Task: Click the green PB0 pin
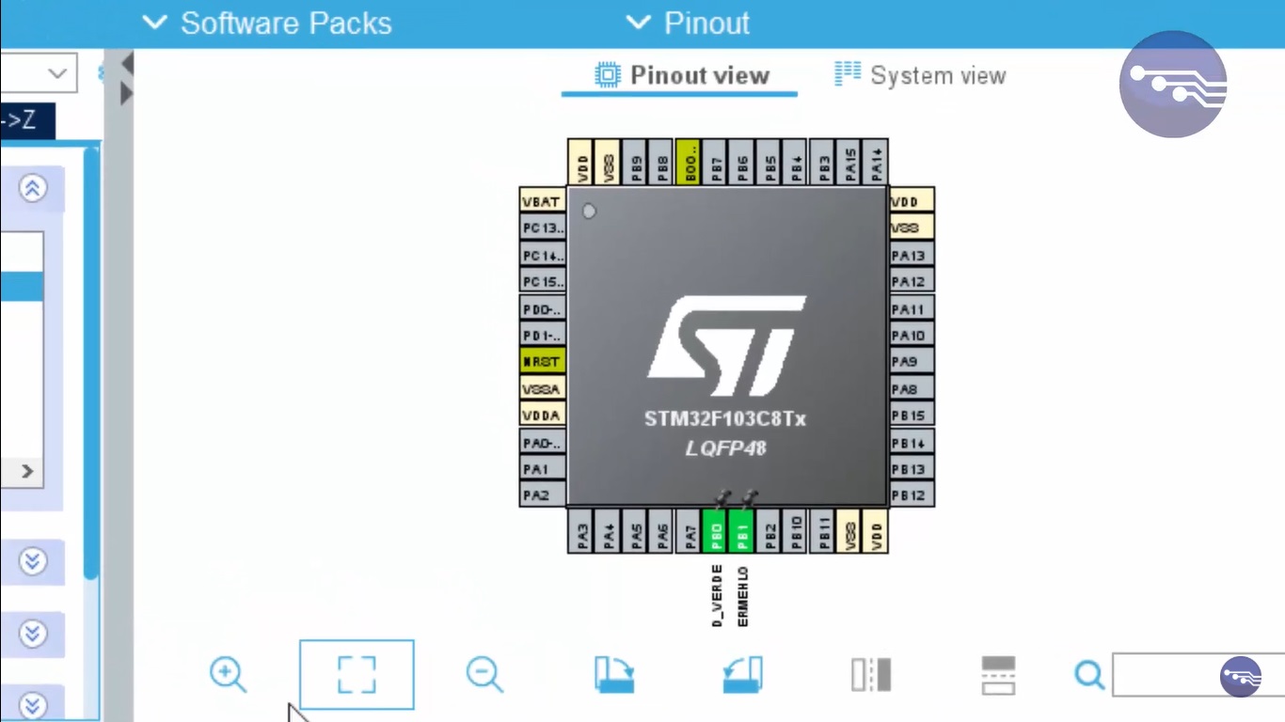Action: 715,532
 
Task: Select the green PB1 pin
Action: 741,532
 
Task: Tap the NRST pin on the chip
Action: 543,362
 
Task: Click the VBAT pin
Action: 543,201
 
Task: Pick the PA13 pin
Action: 911,255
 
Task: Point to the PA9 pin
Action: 911,362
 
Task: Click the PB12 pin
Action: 911,495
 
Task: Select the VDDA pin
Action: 543,415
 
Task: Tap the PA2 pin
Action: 543,495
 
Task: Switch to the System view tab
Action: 921,75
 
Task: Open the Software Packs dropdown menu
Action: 267,23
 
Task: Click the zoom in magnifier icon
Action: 228,675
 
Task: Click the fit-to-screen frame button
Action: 357,675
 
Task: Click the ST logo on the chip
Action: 727,346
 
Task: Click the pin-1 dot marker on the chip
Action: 589,212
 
